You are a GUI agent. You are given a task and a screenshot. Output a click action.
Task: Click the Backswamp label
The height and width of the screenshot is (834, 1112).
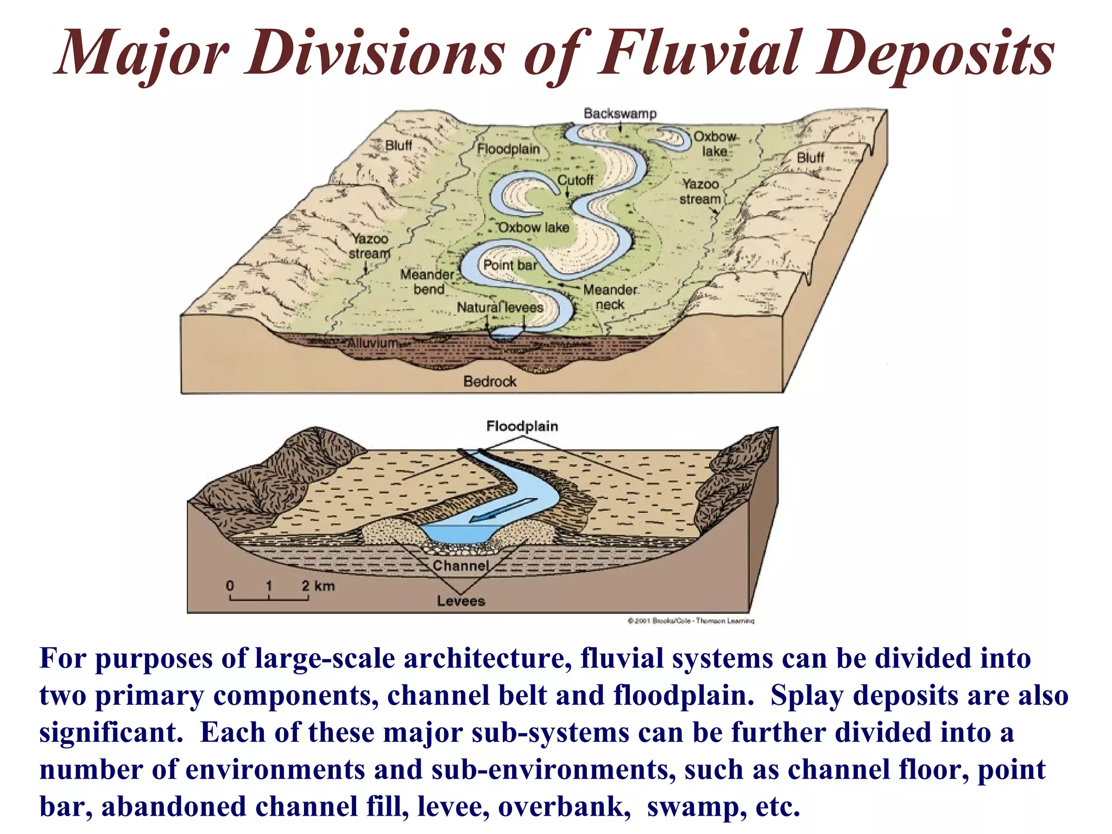(620, 113)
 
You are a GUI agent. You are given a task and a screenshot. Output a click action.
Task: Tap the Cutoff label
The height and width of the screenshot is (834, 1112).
(576, 180)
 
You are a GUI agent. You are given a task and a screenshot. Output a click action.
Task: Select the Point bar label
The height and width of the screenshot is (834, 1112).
(509, 265)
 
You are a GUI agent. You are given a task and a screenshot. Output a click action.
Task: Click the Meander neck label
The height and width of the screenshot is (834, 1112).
(610, 297)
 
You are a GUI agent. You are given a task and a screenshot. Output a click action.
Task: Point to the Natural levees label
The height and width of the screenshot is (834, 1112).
(500, 307)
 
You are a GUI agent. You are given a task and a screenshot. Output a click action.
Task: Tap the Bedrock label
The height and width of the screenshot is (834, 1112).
(490, 381)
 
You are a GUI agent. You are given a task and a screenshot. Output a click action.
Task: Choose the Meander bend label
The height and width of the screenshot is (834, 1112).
(427, 281)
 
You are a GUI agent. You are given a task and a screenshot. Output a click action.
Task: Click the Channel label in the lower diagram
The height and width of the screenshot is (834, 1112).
(460, 566)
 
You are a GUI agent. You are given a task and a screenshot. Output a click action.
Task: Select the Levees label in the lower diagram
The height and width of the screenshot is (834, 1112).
(460, 601)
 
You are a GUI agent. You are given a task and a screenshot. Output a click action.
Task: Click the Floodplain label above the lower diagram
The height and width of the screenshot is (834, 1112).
(522, 426)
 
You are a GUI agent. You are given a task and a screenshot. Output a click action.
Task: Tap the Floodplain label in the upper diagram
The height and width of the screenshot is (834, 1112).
(508, 149)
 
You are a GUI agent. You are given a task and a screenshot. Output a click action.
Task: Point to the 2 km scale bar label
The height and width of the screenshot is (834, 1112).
(318, 586)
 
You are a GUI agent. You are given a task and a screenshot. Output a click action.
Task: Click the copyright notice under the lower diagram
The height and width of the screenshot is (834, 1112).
(691, 621)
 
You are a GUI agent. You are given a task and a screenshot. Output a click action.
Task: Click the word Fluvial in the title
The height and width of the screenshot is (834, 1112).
(698, 53)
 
